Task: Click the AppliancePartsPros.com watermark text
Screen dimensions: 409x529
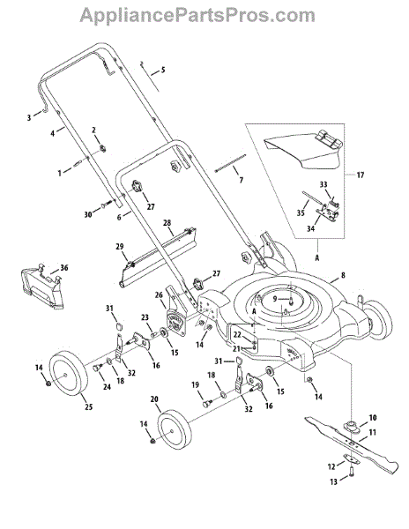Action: click(x=197, y=16)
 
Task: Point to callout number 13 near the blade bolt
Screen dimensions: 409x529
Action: click(x=333, y=481)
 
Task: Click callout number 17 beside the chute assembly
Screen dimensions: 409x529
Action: click(x=361, y=175)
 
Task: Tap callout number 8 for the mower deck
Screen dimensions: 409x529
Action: click(x=343, y=275)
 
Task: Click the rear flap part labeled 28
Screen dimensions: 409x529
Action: click(x=159, y=257)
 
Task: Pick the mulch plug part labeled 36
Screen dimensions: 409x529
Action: click(x=41, y=287)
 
